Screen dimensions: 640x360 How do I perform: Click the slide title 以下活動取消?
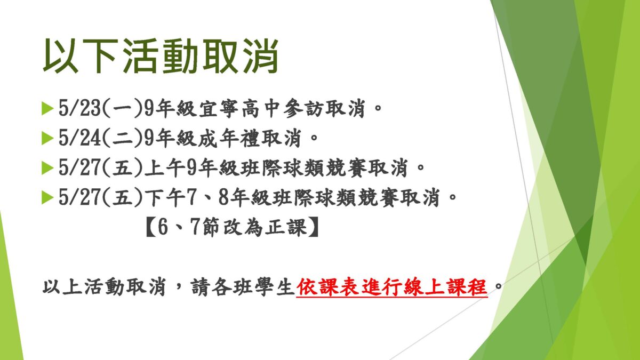click(161, 55)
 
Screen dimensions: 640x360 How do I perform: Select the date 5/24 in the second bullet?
click(79, 138)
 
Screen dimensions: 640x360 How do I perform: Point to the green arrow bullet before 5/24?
click(47, 138)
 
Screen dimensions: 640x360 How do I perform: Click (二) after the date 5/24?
click(122, 138)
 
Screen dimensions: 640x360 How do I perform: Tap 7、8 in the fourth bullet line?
click(207, 197)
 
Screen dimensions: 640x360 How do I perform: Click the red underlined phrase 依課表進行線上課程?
click(391, 287)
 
